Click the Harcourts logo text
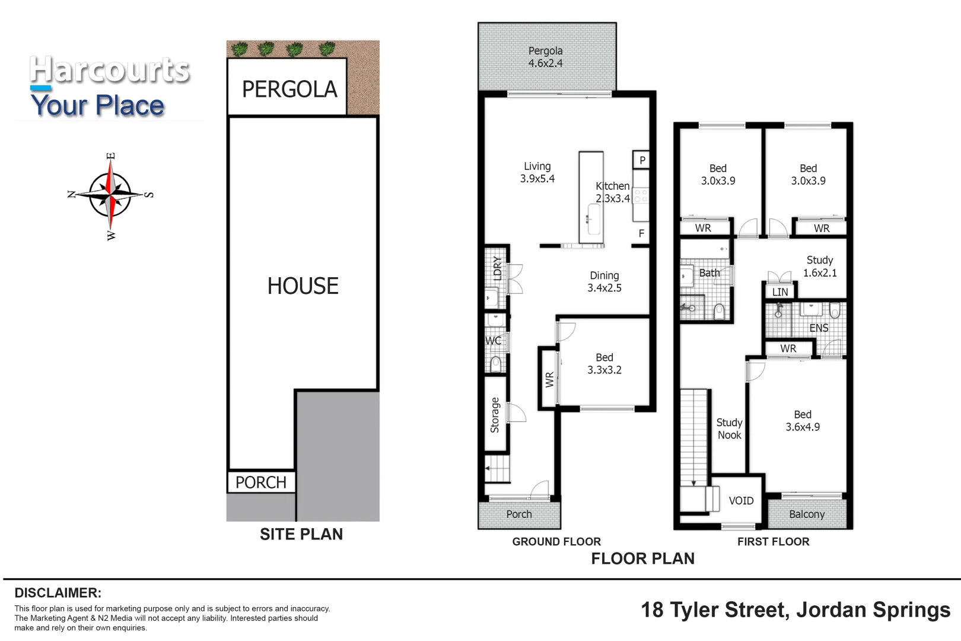tap(110, 70)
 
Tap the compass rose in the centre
tap(110, 195)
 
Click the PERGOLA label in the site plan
tap(289, 90)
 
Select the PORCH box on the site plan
tap(261, 482)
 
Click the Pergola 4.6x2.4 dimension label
tap(545, 57)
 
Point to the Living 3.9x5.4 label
tap(537, 173)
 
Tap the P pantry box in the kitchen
tap(642, 160)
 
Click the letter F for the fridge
tap(641, 234)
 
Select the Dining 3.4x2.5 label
tap(604, 282)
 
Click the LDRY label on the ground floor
tap(498, 268)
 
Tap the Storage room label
tap(495, 415)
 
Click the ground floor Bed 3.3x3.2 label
tap(604, 364)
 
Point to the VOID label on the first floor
tap(741, 501)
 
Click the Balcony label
tap(807, 515)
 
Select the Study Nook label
tap(729, 429)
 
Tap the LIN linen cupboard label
tap(780, 292)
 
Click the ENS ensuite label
tap(819, 328)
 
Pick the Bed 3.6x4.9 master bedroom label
tap(802, 421)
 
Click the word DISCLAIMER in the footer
tap(58, 593)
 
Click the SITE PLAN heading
tap(301, 534)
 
